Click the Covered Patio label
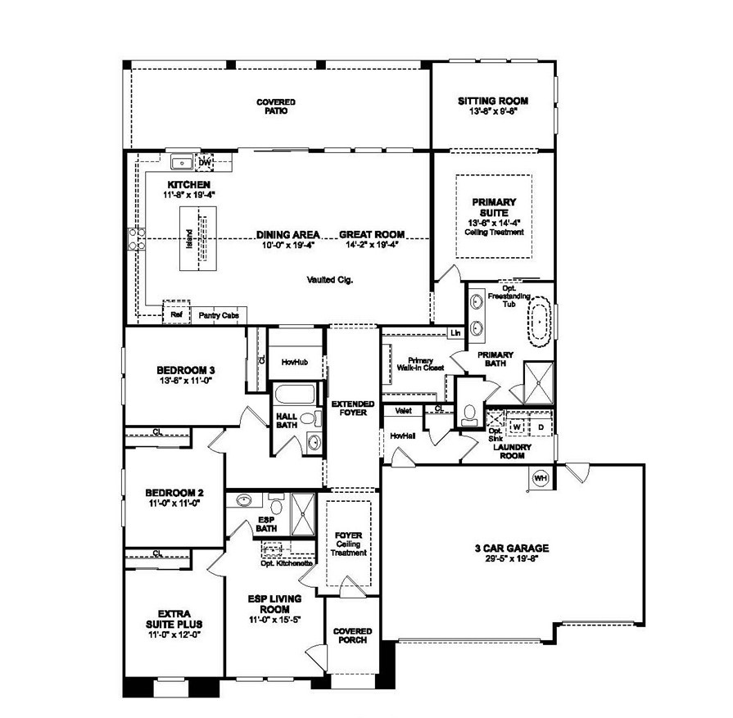[x=275, y=106]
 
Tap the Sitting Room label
[x=492, y=101]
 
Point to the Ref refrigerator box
[x=175, y=314]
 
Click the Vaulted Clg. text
[x=331, y=279]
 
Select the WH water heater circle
[x=541, y=478]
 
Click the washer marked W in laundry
[x=518, y=426]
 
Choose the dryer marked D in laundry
[x=541, y=426]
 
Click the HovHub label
[x=293, y=360]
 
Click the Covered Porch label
[x=353, y=635]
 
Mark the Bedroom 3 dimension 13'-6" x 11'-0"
[x=184, y=381]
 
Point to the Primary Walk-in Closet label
[x=419, y=364]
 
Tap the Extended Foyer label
[x=353, y=409]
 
